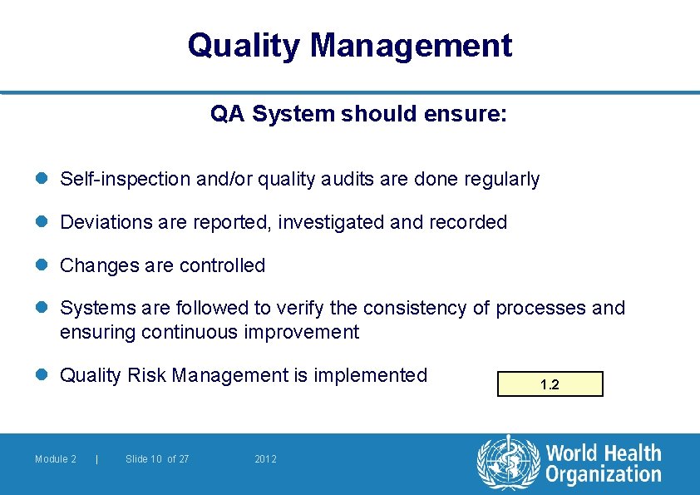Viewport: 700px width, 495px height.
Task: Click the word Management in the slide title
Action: click(x=411, y=45)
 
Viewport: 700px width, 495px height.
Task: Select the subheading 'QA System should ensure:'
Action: click(x=358, y=114)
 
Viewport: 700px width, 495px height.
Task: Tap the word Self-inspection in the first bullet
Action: click(x=125, y=179)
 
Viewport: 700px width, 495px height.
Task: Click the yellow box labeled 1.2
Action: click(x=550, y=384)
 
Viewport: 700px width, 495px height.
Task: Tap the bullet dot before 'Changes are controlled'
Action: click(x=43, y=265)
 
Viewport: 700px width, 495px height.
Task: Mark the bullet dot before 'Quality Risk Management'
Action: click(x=43, y=375)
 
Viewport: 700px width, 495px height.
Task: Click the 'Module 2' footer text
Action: click(x=56, y=459)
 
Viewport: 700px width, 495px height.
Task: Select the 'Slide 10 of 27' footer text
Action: click(x=157, y=459)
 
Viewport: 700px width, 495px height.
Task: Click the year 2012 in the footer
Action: click(x=266, y=459)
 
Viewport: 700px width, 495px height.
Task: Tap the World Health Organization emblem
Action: click(x=507, y=464)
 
